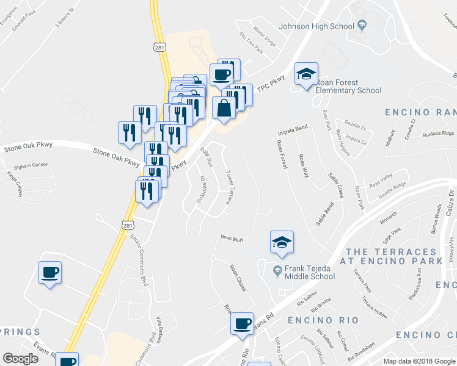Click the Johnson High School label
(316, 26)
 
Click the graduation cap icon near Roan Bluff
(282, 242)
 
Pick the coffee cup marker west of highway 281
(49, 272)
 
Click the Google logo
(20, 359)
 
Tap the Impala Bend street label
(292, 130)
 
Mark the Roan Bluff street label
(232, 237)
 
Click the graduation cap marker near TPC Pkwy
(306, 74)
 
